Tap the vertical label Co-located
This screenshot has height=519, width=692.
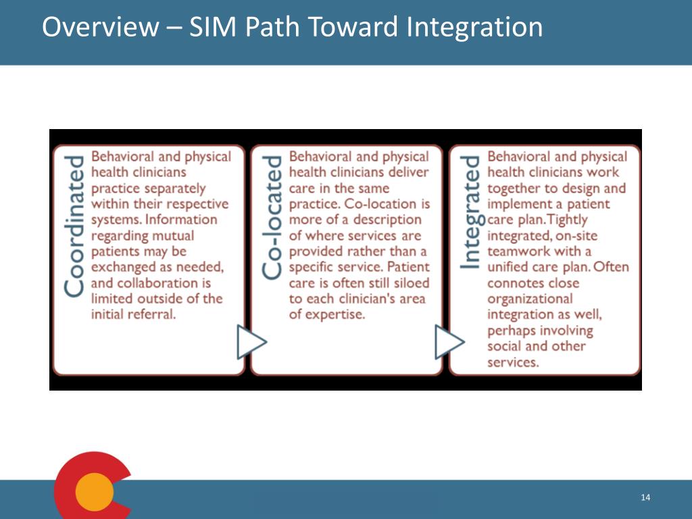pos(272,218)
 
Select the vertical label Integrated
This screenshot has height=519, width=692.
pos(470,212)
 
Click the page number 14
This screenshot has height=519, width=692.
pos(645,498)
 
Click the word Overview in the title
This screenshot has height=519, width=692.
pos(99,28)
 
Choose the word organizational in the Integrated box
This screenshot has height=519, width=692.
pos(530,299)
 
